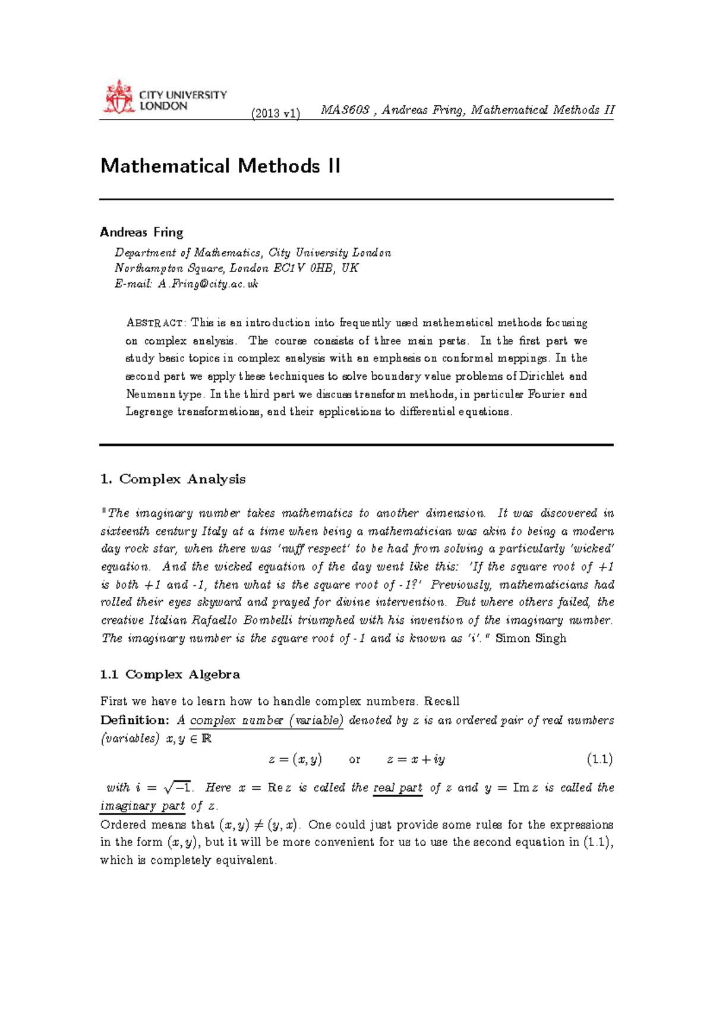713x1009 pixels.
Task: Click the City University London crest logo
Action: pyautogui.click(x=118, y=97)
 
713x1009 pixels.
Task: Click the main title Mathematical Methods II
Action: pyautogui.click(x=220, y=166)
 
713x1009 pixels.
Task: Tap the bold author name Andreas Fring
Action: pyautogui.click(x=141, y=232)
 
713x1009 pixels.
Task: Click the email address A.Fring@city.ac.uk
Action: pyautogui.click(x=208, y=284)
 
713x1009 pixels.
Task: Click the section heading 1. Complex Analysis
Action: pyautogui.click(x=173, y=479)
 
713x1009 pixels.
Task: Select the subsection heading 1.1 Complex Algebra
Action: pyautogui.click(x=170, y=674)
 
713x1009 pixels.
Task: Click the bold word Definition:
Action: pyautogui.click(x=135, y=720)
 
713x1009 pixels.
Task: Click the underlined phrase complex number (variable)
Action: pyautogui.click(x=266, y=720)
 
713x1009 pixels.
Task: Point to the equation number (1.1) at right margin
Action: pyautogui.click(x=599, y=759)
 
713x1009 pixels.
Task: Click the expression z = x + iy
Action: pyautogui.click(x=415, y=759)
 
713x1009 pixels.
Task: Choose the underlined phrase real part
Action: pyautogui.click(x=397, y=788)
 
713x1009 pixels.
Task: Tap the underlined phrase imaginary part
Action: pyautogui.click(x=143, y=806)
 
